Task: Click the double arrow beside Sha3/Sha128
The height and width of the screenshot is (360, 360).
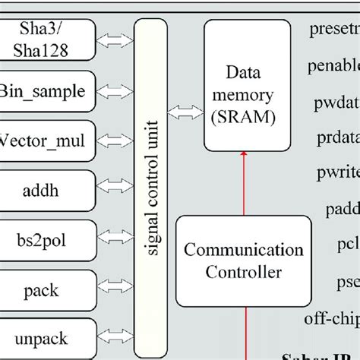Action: [x=115, y=39]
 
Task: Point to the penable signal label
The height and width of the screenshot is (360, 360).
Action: [x=333, y=66]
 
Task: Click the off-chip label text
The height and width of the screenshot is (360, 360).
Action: [x=333, y=317]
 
